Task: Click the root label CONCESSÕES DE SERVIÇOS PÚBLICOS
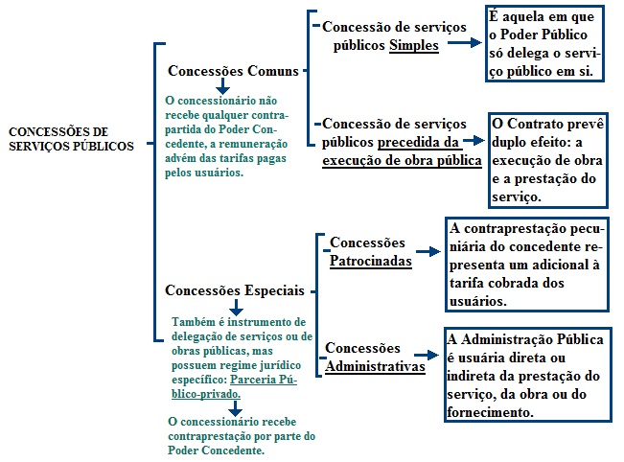(x=71, y=139)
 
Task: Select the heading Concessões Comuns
(x=233, y=71)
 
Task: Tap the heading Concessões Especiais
(x=235, y=290)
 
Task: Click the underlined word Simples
(x=414, y=45)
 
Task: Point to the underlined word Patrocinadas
(x=371, y=261)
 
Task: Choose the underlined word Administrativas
(x=376, y=366)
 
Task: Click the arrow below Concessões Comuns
(x=222, y=86)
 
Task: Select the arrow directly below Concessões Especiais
(x=237, y=308)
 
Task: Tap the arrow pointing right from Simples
(x=465, y=42)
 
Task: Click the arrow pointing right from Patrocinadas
(x=428, y=251)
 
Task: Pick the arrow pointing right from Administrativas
(x=427, y=355)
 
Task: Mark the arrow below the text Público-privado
(x=235, y=408)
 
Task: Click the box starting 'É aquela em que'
(x=544, y=43)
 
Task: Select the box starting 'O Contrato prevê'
(x=548, y=160)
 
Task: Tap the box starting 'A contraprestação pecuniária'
(x=527, y=265)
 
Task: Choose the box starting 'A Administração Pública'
(x=528, y=375)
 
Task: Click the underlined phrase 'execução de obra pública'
(x=402, y=160)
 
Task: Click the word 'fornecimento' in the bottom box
(x=490, y=412)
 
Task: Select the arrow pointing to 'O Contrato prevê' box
(x=474, y=140)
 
